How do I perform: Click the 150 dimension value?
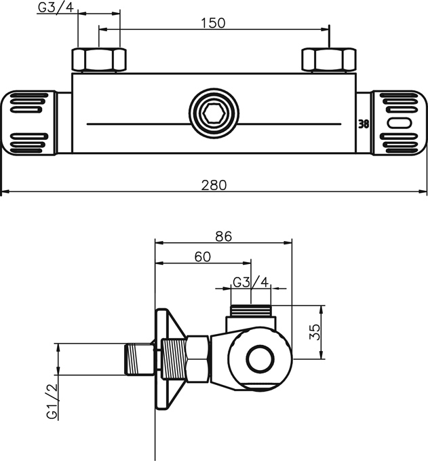coord(213,22)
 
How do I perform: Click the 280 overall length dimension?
coord(213,183)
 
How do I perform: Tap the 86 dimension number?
coord(223,237)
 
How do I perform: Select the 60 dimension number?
coord(202,257)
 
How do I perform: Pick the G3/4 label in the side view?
coord(250,282)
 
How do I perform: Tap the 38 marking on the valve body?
coord(363,124)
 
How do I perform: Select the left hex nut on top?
coord(99,60)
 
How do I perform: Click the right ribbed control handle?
coord(400,123)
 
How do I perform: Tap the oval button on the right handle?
coord(400,124)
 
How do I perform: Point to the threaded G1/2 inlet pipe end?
coord(138,359)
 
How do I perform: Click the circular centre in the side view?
coord(258,358)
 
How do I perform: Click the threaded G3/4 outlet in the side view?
coord(250,312)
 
